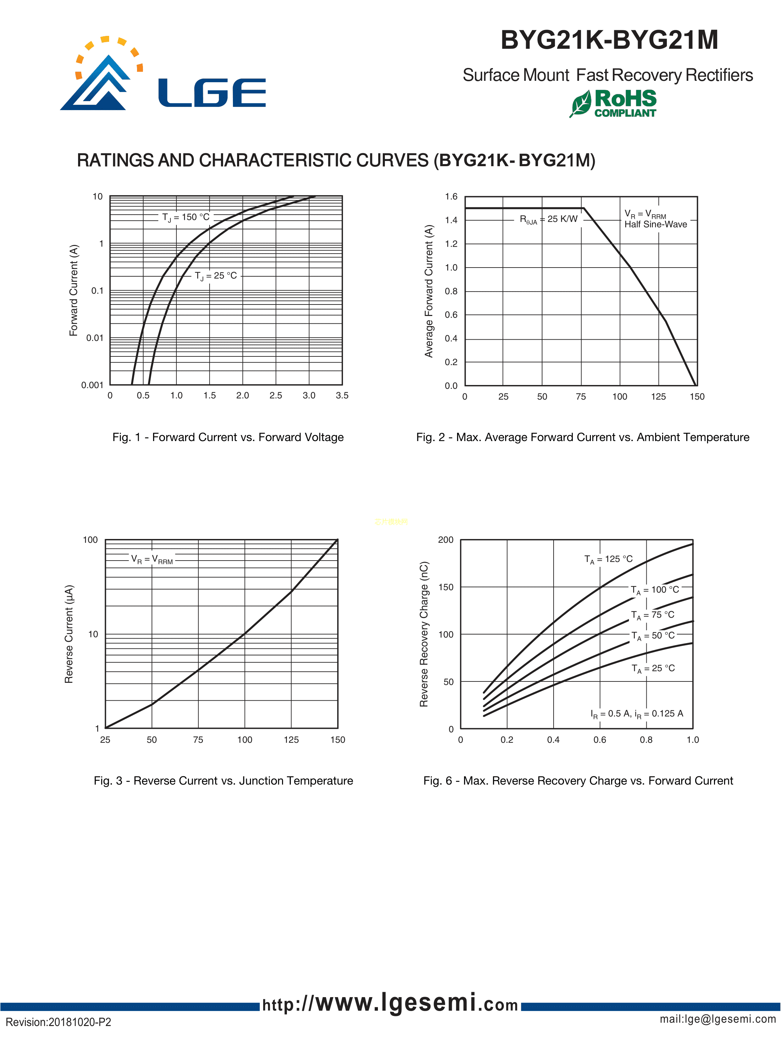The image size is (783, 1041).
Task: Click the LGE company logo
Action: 162,75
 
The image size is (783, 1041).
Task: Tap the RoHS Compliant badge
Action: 614,103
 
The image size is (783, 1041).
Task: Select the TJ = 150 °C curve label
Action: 186,217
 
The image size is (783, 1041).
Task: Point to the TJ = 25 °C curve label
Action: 216,276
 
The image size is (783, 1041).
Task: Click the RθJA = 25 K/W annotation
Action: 548,219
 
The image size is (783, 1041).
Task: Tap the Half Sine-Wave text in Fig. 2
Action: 655,224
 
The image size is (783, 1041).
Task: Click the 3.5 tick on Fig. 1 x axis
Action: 342,396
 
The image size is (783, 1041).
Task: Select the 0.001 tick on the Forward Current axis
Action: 92,385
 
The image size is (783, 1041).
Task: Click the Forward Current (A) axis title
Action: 74,290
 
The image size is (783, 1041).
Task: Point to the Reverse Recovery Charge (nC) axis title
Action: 424,634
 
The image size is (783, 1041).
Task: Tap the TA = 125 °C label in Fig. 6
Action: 608,559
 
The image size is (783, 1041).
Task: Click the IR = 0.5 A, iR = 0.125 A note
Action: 637,714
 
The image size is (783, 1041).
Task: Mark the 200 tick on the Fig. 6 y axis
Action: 446,540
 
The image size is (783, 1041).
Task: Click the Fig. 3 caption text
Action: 223,781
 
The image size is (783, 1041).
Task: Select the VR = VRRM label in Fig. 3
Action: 152,560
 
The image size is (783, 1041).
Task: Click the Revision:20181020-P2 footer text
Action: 58,1022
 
